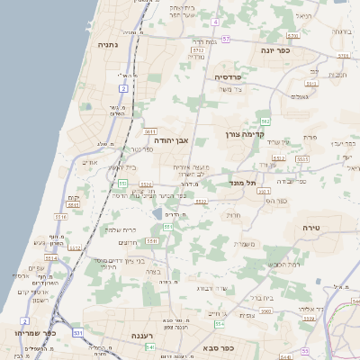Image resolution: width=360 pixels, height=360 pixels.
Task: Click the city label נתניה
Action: (108, 44)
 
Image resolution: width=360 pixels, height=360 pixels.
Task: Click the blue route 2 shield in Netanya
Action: (123, 88)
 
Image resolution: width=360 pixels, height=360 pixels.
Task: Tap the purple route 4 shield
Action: (216, 21)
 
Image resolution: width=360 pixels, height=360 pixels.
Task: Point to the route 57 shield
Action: (226, 40)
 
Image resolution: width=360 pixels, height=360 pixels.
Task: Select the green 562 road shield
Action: (265, 120)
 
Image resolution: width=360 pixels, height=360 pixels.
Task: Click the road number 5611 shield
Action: (150, 132)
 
